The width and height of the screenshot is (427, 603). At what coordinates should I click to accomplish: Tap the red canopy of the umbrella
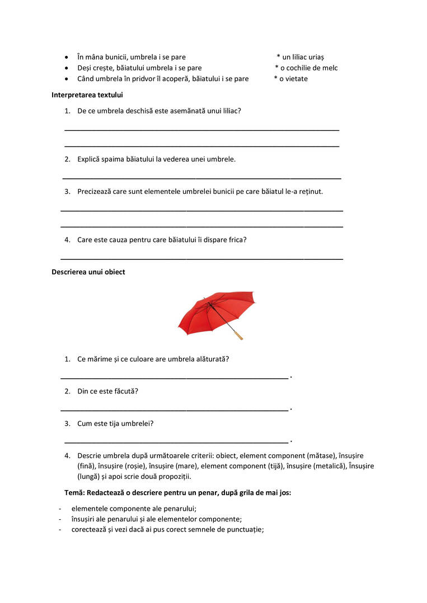[x=218, y=310]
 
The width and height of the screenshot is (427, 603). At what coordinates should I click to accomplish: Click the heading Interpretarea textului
[x=87, y=95]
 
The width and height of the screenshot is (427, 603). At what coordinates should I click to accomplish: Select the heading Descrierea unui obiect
[x=88, y=272]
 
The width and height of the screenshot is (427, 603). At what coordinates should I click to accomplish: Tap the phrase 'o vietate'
[x=293, y=79]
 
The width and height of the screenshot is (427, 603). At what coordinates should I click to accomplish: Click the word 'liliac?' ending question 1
[x=229, y=111]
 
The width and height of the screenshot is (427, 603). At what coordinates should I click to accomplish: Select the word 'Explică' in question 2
[x=90, y=159]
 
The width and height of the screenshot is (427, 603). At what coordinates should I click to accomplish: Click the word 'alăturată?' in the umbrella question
[x=211, y=359]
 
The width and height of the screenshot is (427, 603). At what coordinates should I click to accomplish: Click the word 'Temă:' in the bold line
[x=74, y=493]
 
